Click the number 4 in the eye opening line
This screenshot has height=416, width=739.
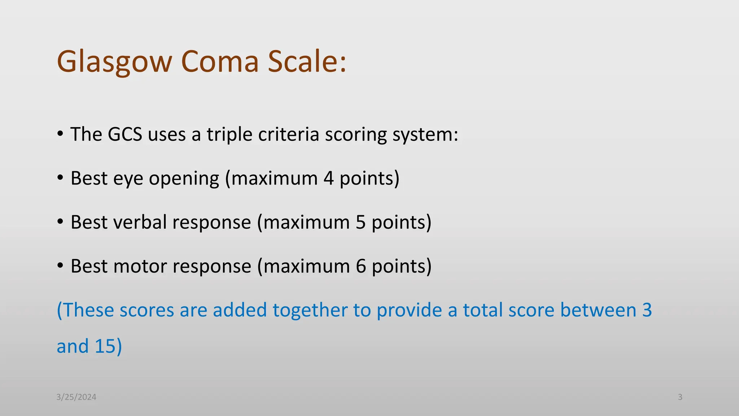[328, 178]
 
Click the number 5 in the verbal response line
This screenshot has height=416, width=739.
[360, 222]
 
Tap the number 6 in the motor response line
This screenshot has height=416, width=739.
[361, 266]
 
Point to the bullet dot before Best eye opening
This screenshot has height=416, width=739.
[60, 178]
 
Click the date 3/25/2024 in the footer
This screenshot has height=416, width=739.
[76, 397]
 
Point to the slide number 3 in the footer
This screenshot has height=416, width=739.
[680, 397]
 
